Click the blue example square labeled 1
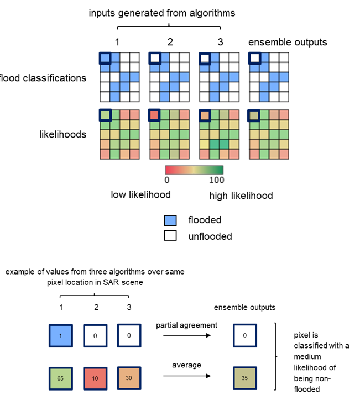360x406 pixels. click(x=60, y=335)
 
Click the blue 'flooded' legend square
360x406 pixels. click(x=170, y=220)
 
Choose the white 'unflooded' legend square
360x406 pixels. click(x=170, y=236)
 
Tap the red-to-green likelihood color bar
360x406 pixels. click(x=195, y=170)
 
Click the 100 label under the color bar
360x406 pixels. click(x=217, y=180)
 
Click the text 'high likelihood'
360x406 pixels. click(x=241, y=196)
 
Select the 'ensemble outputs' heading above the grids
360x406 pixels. click(x=288, y=42)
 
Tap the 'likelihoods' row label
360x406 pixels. click(x=62, y=134)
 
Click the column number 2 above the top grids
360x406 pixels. click(x=170, y=41)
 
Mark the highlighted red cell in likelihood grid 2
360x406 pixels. click(x=154, y=115)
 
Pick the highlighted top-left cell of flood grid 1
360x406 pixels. click(x=105, y=58)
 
